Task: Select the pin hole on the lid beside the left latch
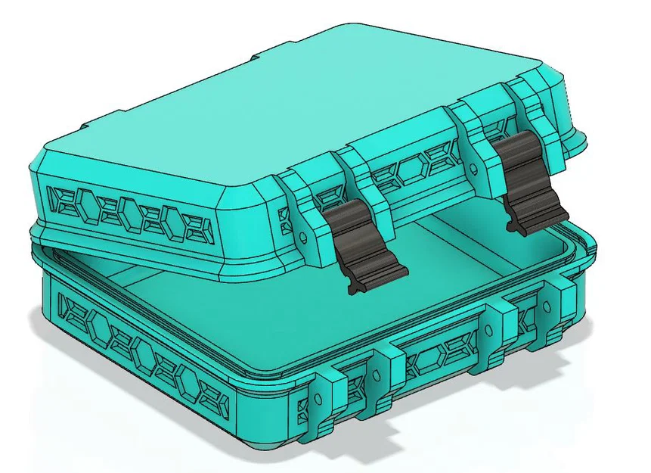[304, 235]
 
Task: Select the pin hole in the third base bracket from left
[491, 326]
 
